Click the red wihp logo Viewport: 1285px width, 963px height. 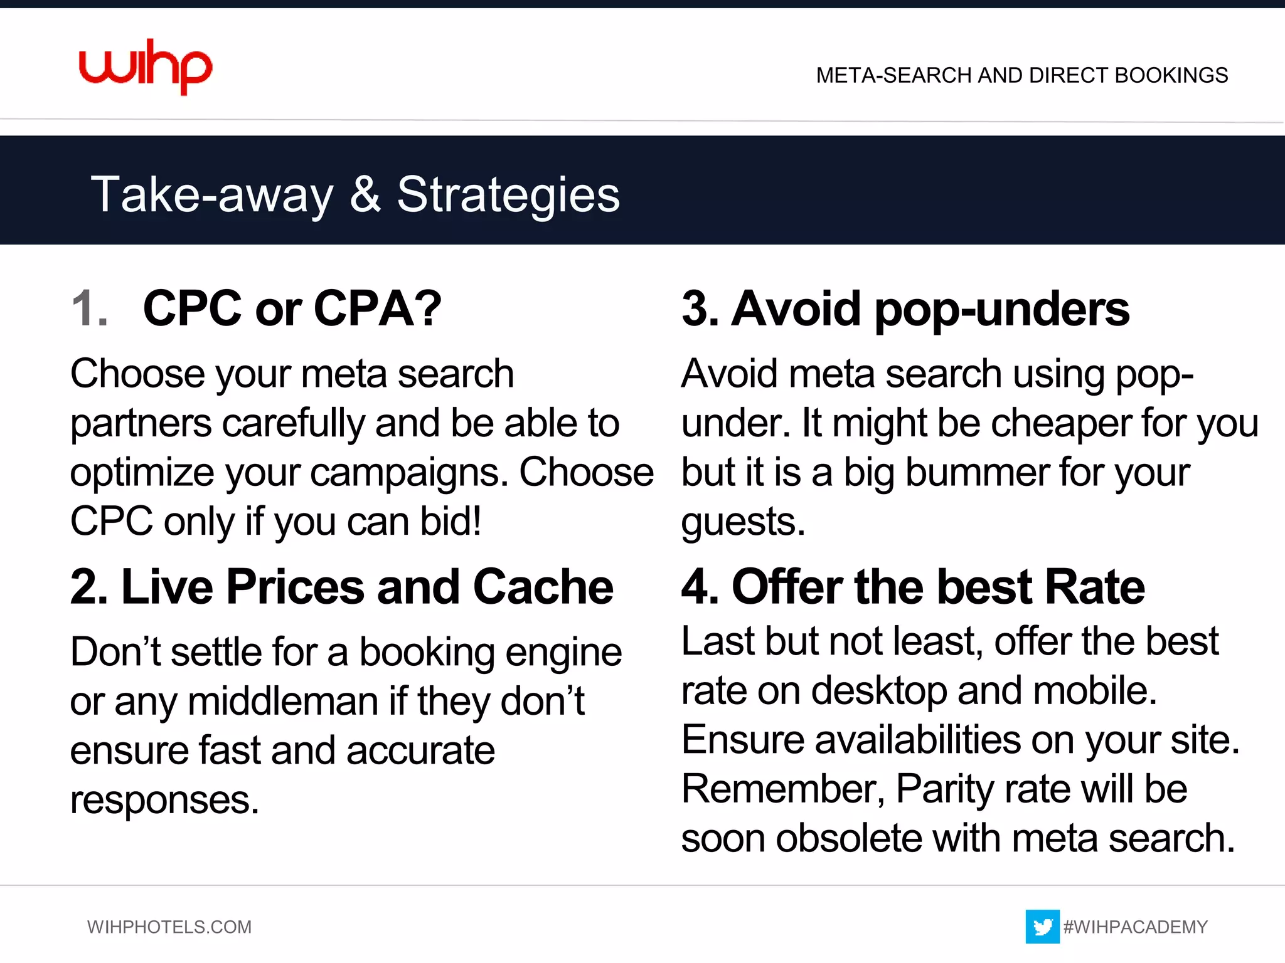(146, 66)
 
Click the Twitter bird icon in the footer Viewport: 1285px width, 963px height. (1042, 926)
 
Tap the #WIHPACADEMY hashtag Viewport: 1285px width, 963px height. (1135, 927)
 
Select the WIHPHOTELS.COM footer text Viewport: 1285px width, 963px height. (169, 927)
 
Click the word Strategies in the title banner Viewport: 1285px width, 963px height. (508, 195)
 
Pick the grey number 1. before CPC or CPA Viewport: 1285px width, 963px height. (89, 308)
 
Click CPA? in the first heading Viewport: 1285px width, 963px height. (377, 308)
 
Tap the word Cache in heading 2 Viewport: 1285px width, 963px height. (543, 587)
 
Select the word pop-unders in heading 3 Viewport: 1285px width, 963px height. (1001, 310)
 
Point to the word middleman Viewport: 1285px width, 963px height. (283, 701)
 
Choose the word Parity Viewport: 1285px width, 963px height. (945, 789)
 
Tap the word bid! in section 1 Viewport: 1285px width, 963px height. (451, 521)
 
